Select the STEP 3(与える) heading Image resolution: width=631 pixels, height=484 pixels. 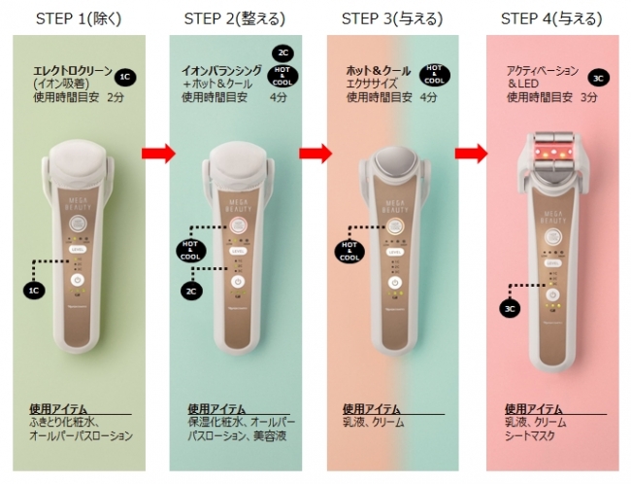pyautogui.click(x=393, y=18)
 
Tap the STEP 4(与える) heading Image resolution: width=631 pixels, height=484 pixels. pyautogui.click(x=550, y=18)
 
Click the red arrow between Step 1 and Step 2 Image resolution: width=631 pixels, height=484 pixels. pyautogui.click(x=158, y=153)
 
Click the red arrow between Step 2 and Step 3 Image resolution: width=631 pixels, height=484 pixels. pyautogui.click(x=315, y=153)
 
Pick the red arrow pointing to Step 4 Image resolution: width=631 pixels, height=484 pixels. pyautogui.click(x=473, y=153)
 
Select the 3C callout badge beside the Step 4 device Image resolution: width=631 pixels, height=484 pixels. pyautogui.click(x=511, y=309)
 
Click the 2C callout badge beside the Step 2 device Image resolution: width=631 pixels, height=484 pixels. pyautogui.click(x=192, y=289)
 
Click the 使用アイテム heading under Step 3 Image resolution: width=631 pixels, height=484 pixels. pyautogui.click(x=373, y=409)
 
